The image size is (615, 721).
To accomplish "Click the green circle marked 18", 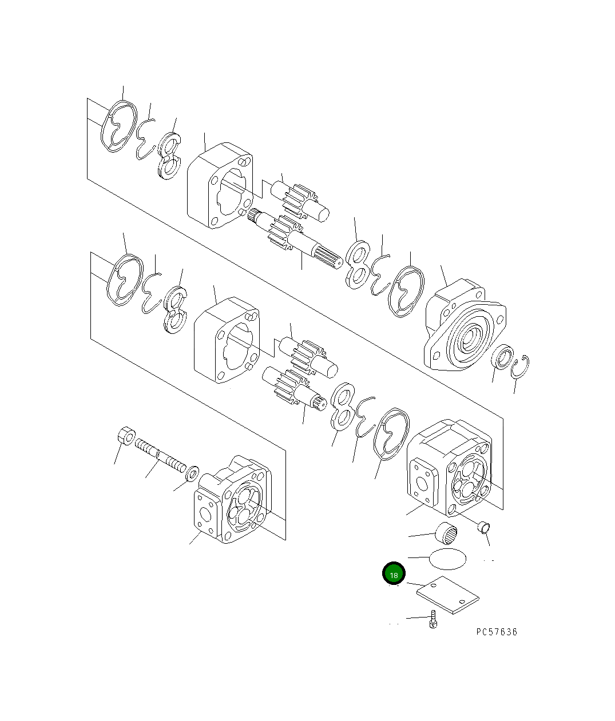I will (x=394, y=574).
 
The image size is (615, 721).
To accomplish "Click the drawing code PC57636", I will (x=496, y=632).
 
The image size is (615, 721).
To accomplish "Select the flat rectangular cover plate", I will (x=447, y=595).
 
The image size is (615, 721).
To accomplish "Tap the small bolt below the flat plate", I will (x=434, y=620).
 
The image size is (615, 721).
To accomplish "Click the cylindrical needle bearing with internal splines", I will (x=447, y=533).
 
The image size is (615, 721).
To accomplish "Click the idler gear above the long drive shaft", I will (x=300, y=200).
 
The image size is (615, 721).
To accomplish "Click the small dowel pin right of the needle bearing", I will (x=485, y=526).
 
